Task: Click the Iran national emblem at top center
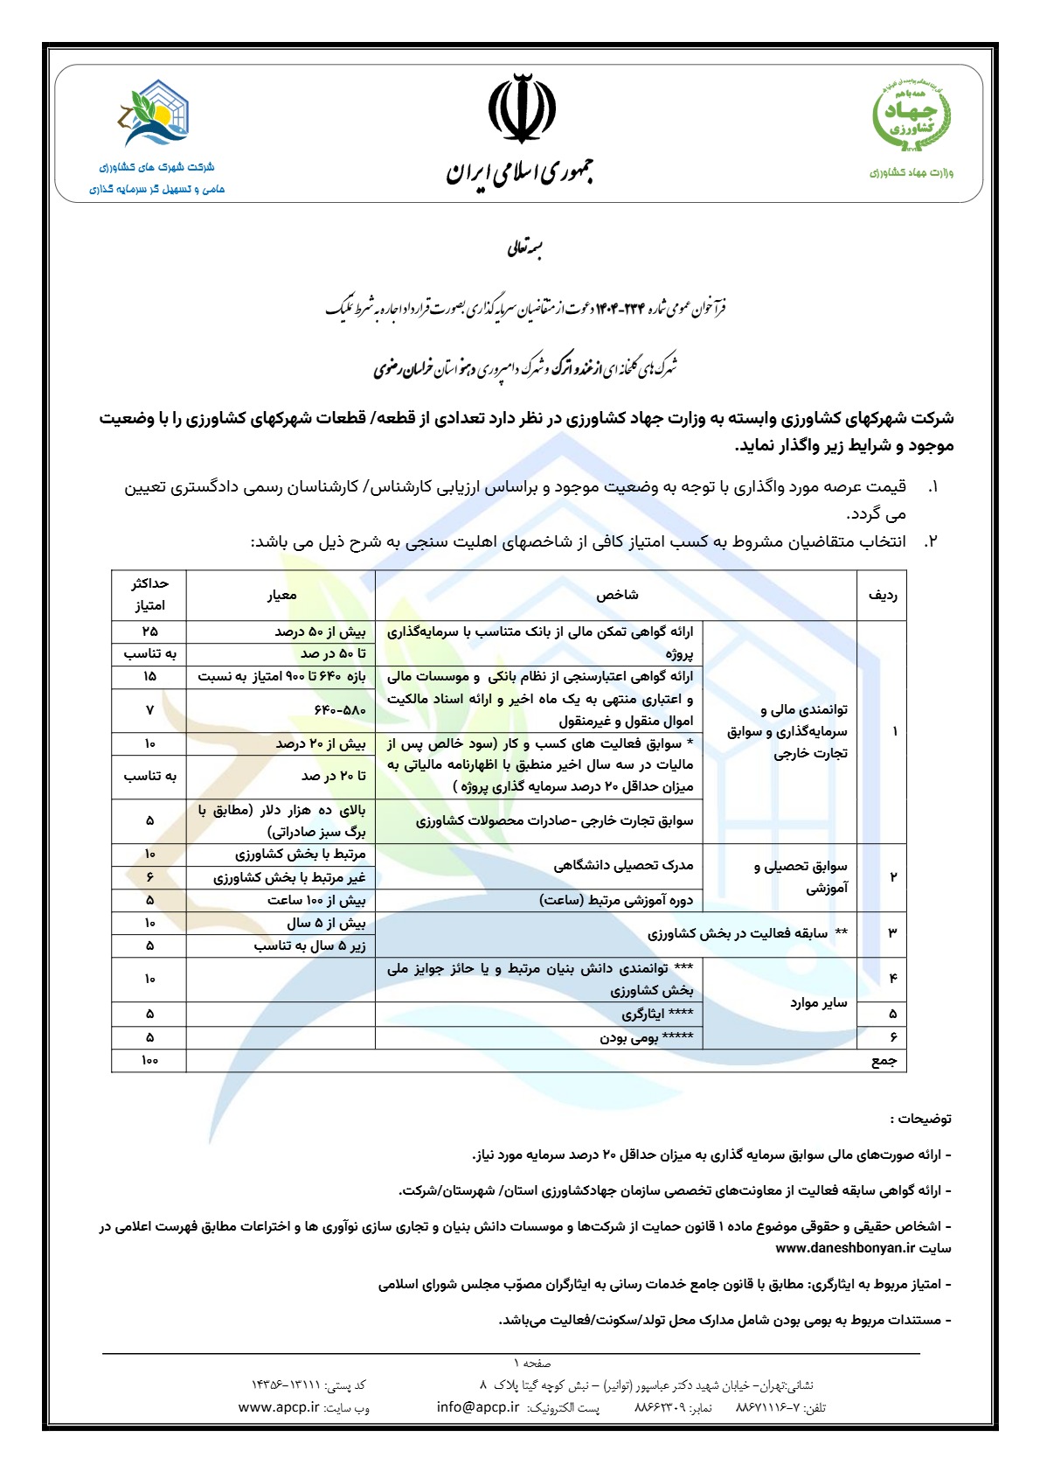521,108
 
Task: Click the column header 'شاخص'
617,596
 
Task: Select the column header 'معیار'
281,596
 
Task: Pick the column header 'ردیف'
883,596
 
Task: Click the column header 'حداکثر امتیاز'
149,595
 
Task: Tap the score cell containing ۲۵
149,631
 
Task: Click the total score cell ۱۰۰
149,1060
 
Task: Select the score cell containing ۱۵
149,676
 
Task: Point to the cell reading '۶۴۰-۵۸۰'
340,710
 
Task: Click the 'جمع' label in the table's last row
884,1060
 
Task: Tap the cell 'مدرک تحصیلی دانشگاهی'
623,866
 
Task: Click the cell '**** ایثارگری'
657,1015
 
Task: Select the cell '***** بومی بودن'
646,1037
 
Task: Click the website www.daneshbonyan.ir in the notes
845,1248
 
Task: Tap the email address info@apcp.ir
478,1407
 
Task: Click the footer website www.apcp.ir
279,1407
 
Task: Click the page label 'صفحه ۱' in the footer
532,1363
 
